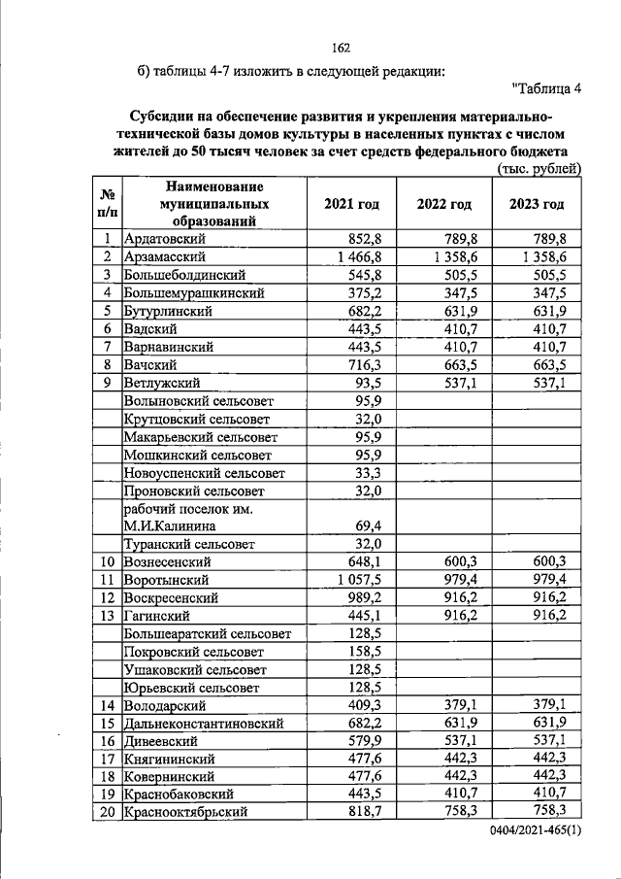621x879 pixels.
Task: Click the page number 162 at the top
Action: (340, 49)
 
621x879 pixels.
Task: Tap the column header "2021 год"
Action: (350, 204)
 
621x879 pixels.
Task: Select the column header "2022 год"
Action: (443, 204)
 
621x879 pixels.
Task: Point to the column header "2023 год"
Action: (536, 204)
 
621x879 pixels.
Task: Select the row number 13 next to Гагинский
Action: (108, 616)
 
